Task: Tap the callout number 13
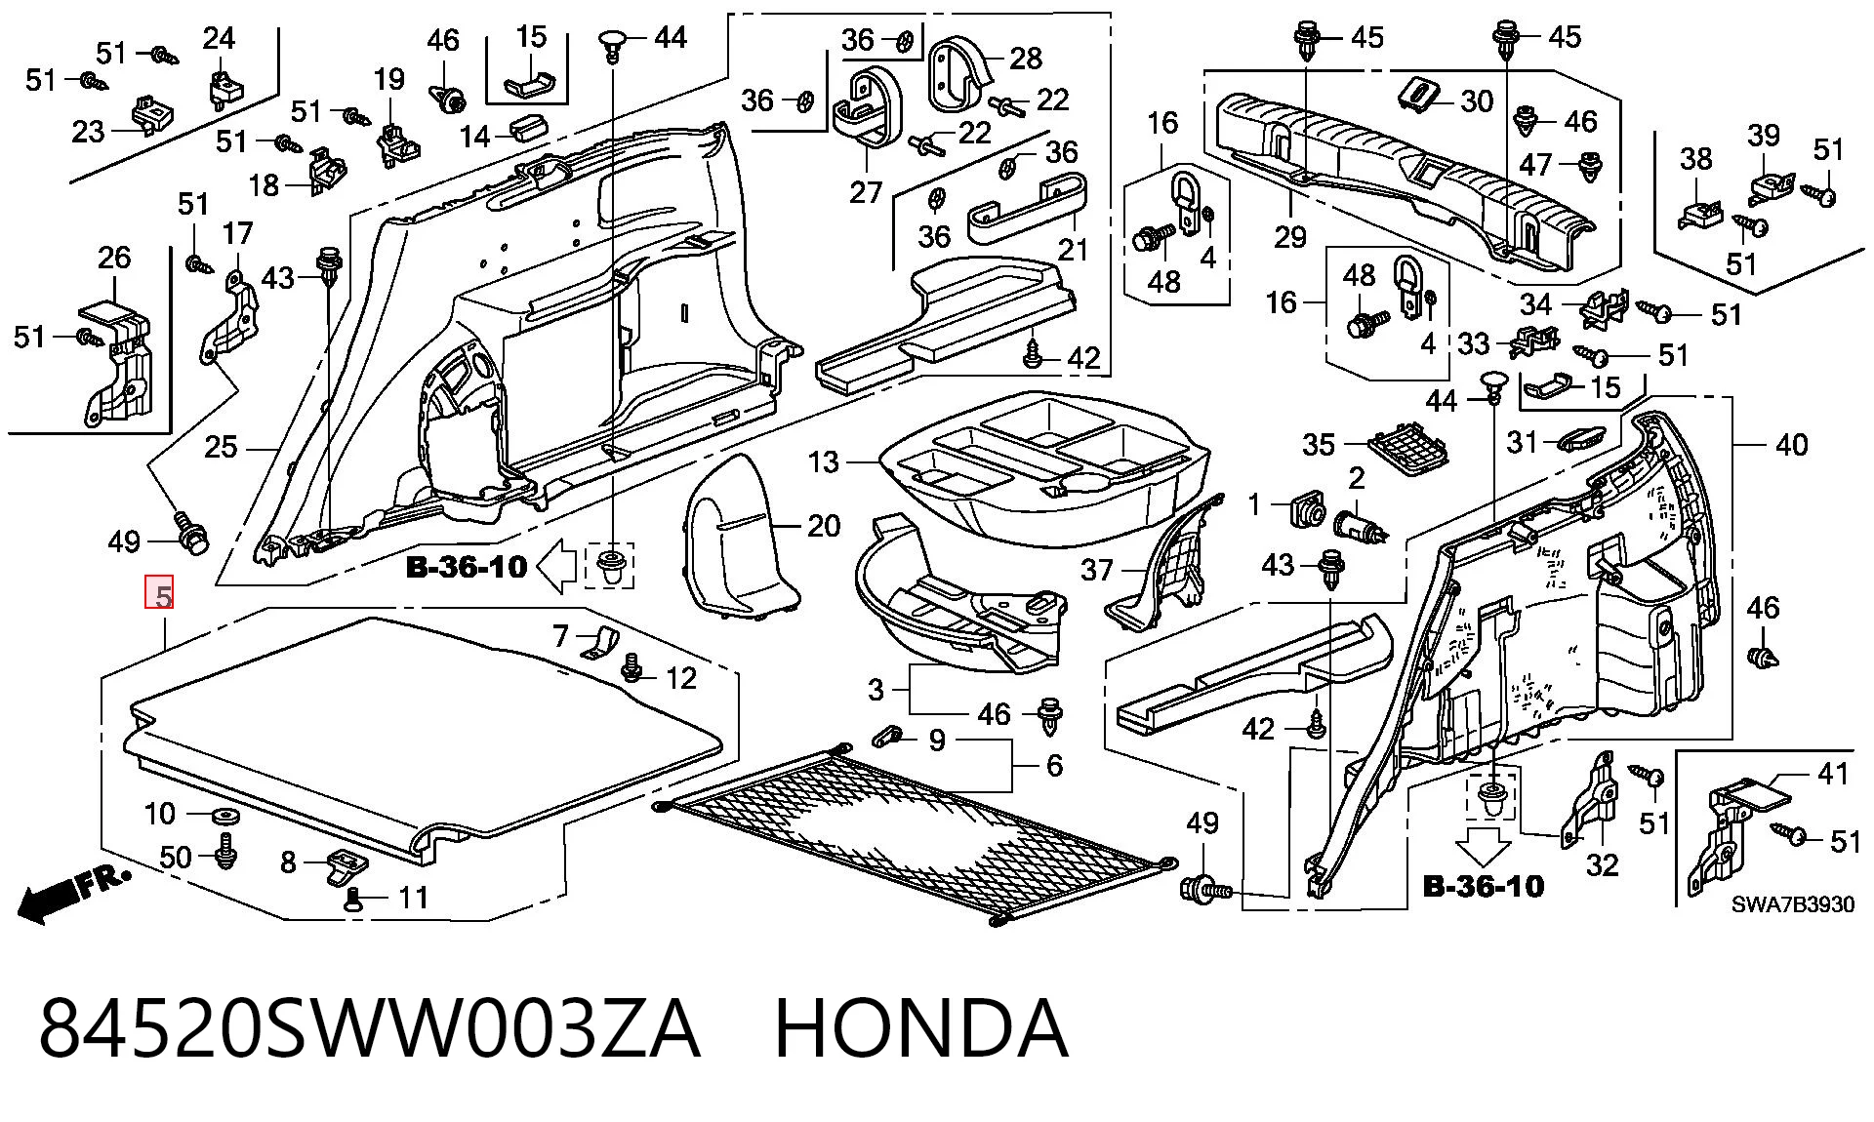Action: tap(824, 461)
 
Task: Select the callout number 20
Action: tap(824, 526)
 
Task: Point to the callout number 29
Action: tap(1290, 236)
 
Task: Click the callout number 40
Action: tap(1791, 445)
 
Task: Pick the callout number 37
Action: tap(1097, 569)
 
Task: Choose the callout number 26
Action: tap(114, 258)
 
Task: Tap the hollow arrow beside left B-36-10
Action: tap(557, 568)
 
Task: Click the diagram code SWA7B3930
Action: tap(1793, 904)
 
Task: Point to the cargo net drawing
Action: tap(917, 834)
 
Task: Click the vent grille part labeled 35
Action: tap(1406, 447)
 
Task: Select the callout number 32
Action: tap(1603, 864)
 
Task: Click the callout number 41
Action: tap(1832, 774)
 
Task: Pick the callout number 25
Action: tap(221, 447)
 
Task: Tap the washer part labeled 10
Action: tap(224, 815)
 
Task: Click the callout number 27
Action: tap(865, 192)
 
